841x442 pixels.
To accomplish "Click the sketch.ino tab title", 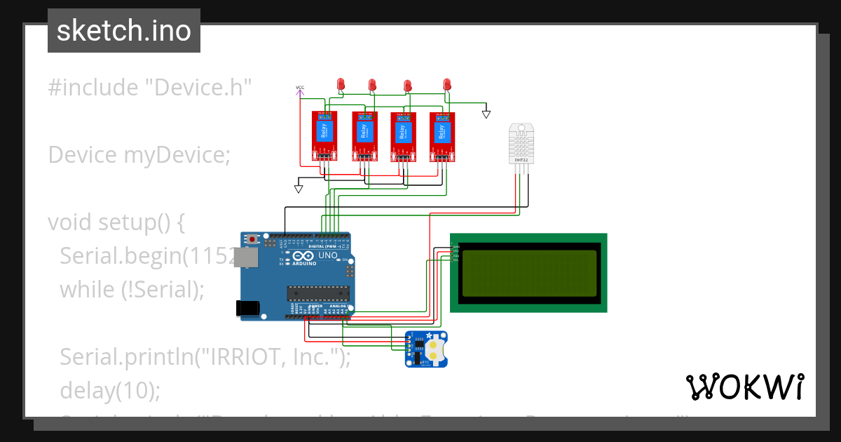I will click(124, 31).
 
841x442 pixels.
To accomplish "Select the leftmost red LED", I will click(341, 84).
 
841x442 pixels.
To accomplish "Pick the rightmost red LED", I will click(447, 84).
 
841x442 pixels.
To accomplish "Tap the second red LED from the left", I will click(372, 85).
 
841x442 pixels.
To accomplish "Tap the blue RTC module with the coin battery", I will click(427, 349).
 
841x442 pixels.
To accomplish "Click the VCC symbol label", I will click(300, 88).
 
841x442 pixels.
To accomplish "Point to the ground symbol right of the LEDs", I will click(486, 114).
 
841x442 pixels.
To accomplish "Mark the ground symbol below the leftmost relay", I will click(299, 188).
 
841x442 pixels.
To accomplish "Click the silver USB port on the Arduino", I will click(246, 257).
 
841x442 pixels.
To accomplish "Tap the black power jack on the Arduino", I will click(247, 307).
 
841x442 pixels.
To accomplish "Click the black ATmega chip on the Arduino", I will click(317, 293).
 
